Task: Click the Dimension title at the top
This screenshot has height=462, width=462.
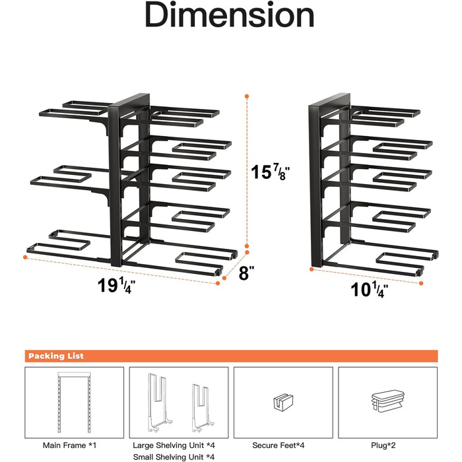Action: (230, 15)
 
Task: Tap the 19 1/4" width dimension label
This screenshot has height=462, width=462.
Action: (116, 286)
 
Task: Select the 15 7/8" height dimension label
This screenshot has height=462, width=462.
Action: (270, 172)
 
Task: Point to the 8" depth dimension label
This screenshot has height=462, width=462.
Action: (246, 273)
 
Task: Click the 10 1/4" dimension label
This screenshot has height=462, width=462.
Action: (369, 289)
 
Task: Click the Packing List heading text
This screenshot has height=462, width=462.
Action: (56, 356)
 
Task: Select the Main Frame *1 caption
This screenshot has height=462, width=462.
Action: (69, 445)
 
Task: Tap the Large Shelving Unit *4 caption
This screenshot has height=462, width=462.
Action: (174, 445)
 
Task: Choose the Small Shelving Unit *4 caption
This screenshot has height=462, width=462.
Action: (174, 457)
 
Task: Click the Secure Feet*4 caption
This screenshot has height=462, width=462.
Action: (278, 445)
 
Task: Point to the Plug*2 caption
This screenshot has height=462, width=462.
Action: (383, 445)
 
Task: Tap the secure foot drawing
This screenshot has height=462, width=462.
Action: (283, 402)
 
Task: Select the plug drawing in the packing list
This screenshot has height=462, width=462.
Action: (388, 401)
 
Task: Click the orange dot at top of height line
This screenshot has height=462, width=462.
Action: (247, 96)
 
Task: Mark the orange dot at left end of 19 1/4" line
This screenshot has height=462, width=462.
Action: (25, 257)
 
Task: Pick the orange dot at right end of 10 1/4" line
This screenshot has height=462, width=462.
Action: (421, 283)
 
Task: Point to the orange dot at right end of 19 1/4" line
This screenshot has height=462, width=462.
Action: (218, 283)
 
